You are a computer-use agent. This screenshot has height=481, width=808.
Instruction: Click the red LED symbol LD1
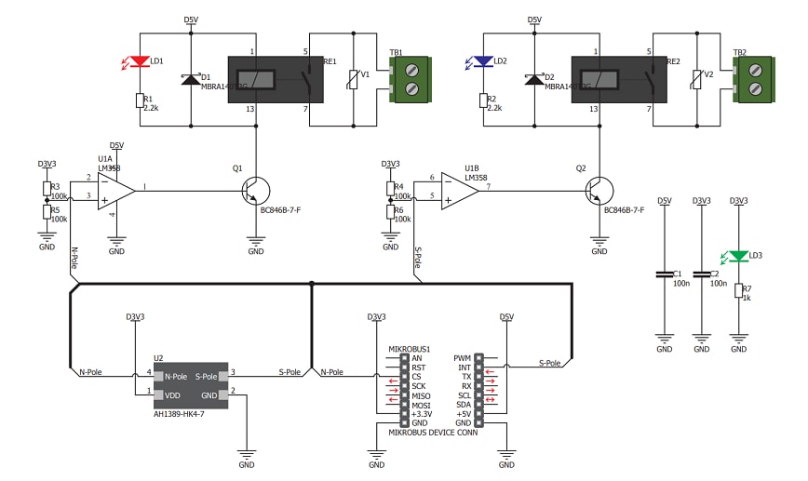point(140,62)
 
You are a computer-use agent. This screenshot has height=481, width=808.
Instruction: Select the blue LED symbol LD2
point(483,62)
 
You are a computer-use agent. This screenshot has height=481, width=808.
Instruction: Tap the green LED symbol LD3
point(738,256)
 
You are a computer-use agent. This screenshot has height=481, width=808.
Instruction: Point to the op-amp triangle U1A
point(115,190)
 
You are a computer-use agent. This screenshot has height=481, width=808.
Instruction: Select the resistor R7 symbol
point(738,291)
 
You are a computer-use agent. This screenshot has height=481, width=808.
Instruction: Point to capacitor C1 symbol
point(664,274)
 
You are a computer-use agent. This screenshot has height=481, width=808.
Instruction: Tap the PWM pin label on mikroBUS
point(463,357)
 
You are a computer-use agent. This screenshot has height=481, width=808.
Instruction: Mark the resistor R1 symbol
point(140,100)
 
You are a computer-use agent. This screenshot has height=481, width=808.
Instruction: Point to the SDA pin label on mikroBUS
point(462,404)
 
